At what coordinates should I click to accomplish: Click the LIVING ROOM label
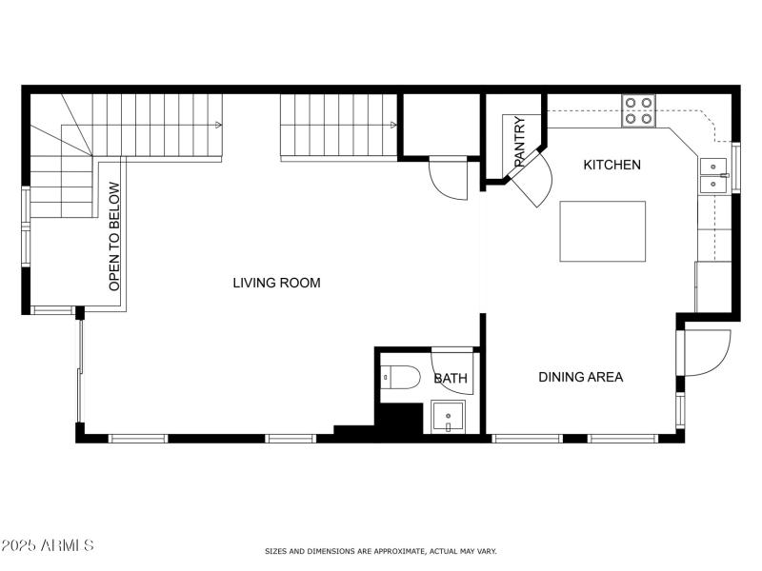click(277, 283)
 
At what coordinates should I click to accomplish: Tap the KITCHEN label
click(612, 165)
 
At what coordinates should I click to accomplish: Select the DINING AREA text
click(581, 377)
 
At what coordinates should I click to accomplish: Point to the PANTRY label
click(519, 142)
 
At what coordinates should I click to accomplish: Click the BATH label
click(451, 378)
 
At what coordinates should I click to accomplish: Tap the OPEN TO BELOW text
click(114, 237)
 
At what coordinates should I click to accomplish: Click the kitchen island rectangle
click(602, 231)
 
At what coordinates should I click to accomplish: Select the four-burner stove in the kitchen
click(638, 111)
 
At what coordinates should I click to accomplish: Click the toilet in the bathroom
click(400, 378)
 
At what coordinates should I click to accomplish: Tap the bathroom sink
click(448, 417)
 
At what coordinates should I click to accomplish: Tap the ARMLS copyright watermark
click(48, 545)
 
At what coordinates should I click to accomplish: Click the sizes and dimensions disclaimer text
click(380, 551)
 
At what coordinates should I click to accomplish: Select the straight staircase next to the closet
click(339, 126)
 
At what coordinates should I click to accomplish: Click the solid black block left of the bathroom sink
click(400, 419)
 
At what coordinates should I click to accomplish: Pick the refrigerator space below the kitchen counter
click(712, 285)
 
